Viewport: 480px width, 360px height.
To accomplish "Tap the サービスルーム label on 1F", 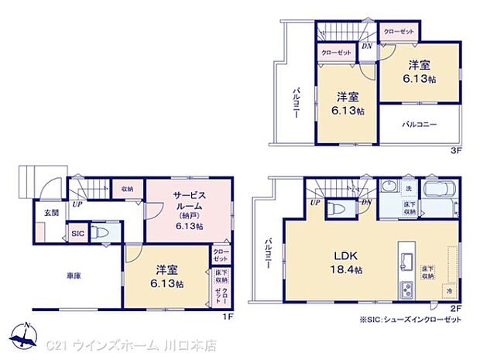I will [x=189, y=207].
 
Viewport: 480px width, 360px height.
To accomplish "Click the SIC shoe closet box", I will [x=78, y=233].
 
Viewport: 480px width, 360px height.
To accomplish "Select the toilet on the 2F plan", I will [x=336, y=207].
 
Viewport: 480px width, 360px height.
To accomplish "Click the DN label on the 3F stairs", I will [x=366, y=46].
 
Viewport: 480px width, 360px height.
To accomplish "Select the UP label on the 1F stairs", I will [x=77, y=205].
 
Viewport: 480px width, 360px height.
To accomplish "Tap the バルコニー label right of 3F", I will [x=419, y=124].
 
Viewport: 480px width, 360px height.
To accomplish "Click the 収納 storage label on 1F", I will [x=126, y=188].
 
